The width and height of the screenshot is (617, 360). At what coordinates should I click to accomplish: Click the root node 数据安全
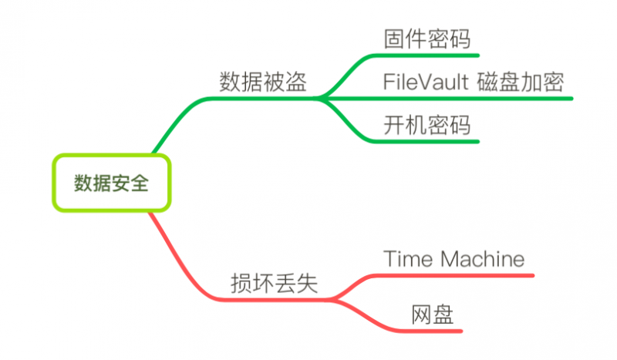[x=111, y=183]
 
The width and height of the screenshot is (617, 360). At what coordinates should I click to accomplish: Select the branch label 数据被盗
[x=263, y=82]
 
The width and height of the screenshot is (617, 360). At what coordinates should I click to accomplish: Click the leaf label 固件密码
[x=427, y=39]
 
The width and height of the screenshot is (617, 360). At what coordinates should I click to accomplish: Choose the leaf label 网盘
[x=432, y=315]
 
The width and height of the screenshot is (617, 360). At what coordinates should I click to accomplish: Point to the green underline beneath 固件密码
[x=432, y=56]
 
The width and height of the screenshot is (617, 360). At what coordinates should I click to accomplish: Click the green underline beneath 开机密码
[x=432, y=141]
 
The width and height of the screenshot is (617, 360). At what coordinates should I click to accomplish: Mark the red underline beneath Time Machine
[x=463, y=274]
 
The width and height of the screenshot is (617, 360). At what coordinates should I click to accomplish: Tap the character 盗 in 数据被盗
[x=296, y=82]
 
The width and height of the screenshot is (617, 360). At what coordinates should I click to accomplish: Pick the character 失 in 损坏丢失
[x=308, y=284]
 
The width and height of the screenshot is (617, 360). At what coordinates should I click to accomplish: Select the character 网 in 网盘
[x=421, y=315]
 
